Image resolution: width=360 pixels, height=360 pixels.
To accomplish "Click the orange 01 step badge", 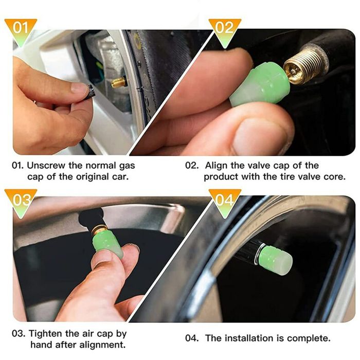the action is [x=21, y=31].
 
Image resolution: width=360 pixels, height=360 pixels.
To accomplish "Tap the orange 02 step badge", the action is [x=225, y=31].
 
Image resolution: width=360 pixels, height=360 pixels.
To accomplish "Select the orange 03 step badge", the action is [x=21, y=202].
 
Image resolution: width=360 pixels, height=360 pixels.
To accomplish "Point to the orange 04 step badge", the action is [x=225, y=202].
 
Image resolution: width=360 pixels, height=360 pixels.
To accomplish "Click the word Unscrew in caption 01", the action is [x=46, y=166].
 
